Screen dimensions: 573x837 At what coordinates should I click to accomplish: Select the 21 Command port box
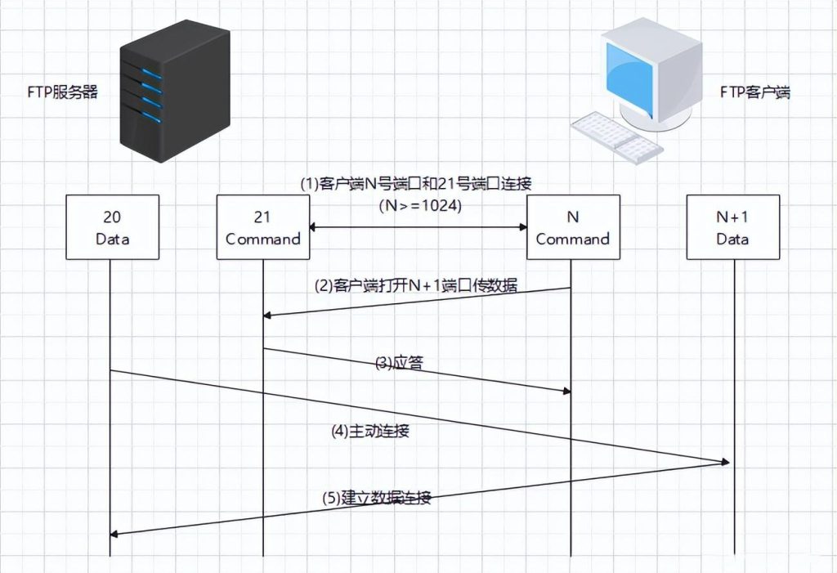tap(263, 228)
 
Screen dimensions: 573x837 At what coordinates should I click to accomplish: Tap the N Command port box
tap(572, 228)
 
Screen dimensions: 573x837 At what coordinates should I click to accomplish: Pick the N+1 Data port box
tap(732, 228)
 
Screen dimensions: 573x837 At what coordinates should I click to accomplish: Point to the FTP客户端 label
tap(754, 92)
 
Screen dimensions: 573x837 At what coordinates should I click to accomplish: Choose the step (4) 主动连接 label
tap(369, 431)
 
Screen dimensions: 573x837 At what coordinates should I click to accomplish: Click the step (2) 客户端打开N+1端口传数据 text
tap(416, 286)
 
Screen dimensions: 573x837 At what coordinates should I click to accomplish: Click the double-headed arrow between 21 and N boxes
tap(417, 227)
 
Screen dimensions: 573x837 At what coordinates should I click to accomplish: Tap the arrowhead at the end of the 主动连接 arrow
tap(724, 463)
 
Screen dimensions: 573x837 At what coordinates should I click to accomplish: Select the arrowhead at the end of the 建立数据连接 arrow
tap(114, 534)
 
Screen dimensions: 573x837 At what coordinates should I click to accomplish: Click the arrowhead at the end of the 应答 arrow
tap(564, 392)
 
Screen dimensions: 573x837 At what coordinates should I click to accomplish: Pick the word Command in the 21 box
tap(263, 239)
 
